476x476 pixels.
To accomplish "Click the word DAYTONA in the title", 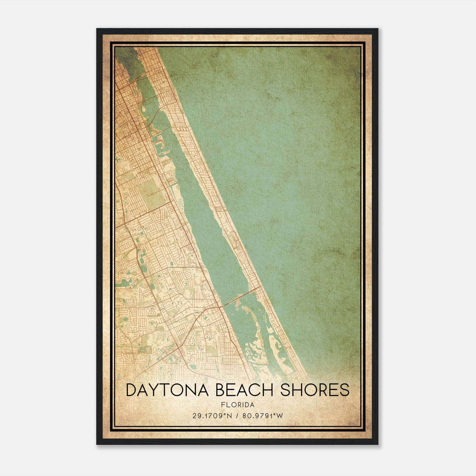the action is click(168, 390).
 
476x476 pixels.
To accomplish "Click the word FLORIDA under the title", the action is click(238, 405).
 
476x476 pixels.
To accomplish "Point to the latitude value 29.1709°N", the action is click(212, 416).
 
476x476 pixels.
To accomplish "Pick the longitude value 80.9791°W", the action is click(263, 416).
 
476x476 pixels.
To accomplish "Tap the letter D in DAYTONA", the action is click(131, 390).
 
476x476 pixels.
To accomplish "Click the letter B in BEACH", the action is click(220, 390).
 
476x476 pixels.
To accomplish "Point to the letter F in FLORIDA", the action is click(223, 405).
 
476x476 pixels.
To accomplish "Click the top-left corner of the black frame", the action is click(97, 29).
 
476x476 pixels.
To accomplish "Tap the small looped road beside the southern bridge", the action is click(238, 303).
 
